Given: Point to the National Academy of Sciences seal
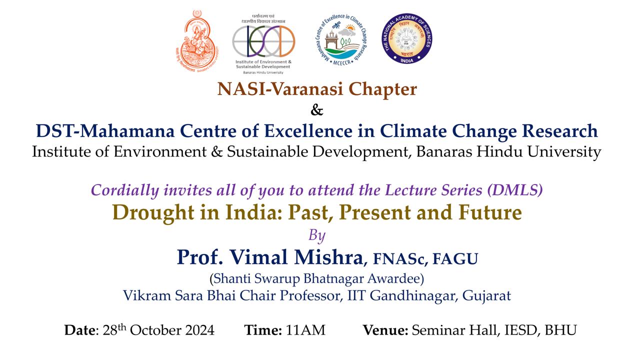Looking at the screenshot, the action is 406,38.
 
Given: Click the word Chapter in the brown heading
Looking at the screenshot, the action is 382,89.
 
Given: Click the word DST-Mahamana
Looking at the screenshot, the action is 105,131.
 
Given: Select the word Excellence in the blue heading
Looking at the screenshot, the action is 308,131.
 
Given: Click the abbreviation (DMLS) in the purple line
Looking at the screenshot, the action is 515,190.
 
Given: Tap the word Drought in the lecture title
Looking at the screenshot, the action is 153,213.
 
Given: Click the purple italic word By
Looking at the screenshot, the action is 317,235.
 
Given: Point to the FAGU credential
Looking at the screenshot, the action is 455,259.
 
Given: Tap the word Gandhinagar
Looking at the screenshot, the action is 412,295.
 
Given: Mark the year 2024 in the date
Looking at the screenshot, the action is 199,330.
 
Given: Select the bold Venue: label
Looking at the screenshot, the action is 385,330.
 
